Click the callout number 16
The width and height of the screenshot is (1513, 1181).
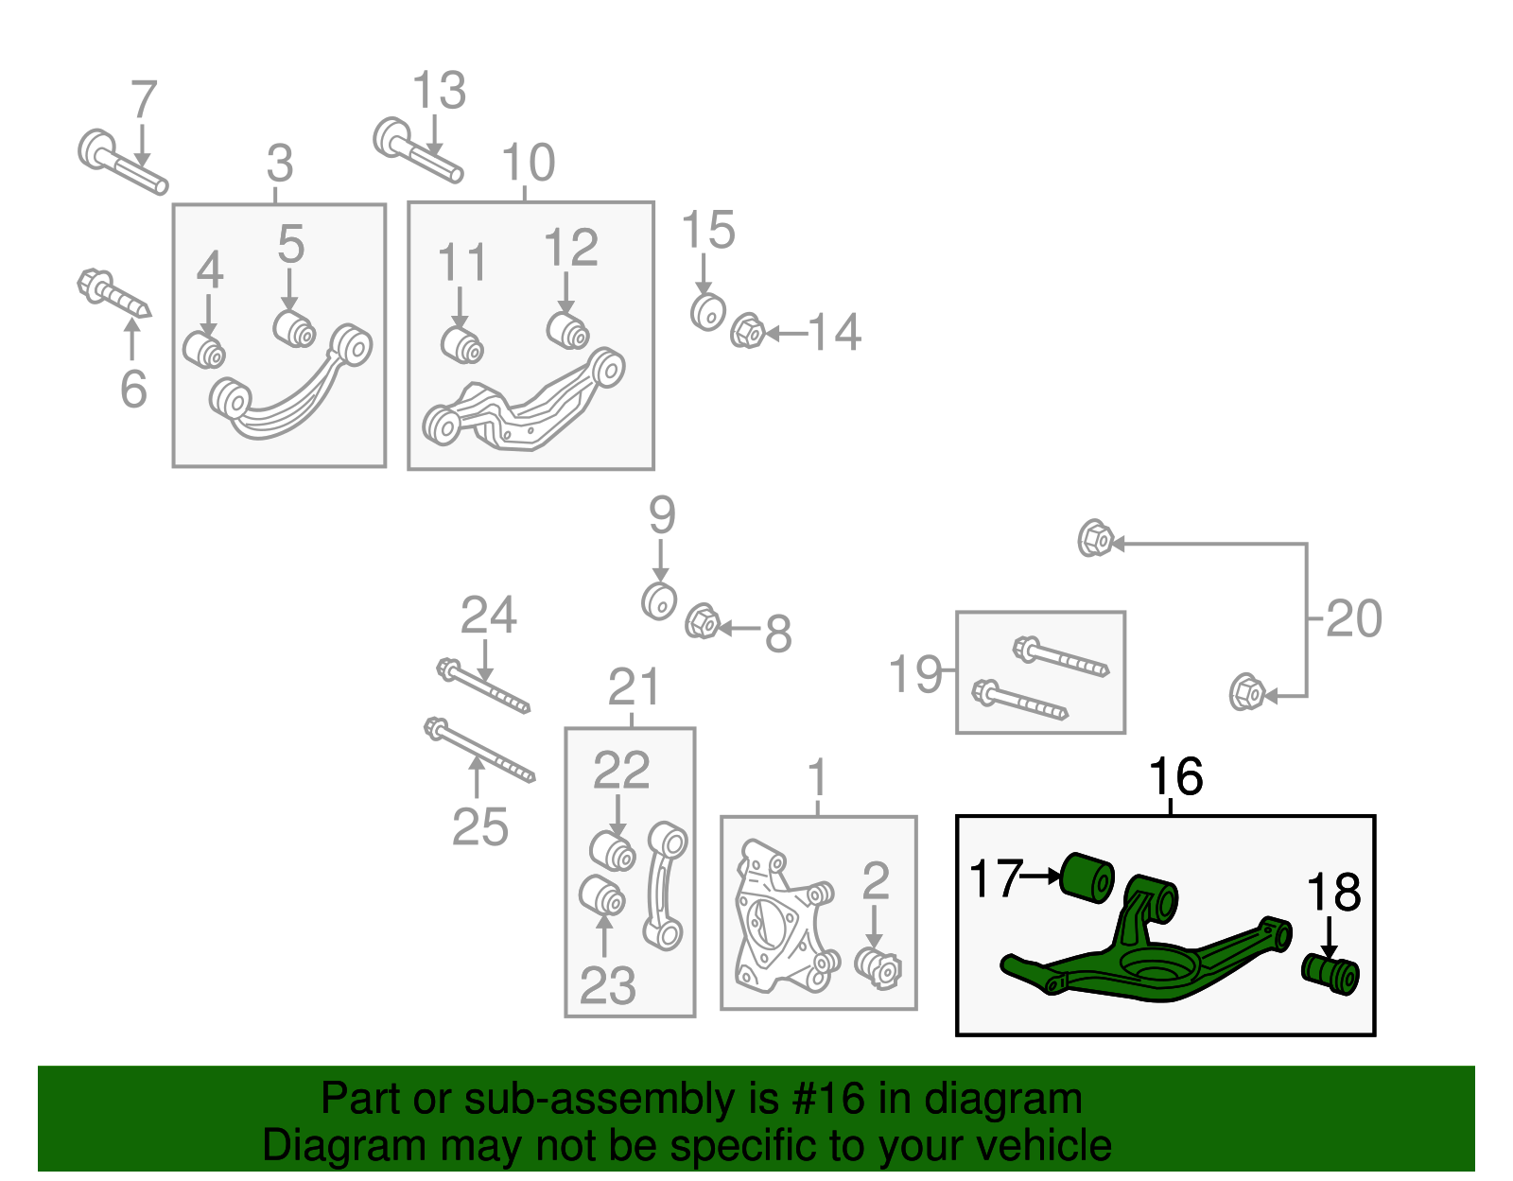[x=1174, y=777]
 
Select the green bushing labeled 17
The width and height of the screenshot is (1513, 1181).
[x=1087, y=877]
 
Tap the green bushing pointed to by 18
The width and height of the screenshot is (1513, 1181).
[x=1331, y=974]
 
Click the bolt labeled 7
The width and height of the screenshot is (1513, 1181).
[x=122, y=163]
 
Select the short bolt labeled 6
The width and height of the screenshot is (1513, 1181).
[x=113, y=294]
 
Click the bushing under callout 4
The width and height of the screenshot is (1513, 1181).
[x=204, y=350]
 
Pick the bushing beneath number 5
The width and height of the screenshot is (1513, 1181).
[x=295, y=328]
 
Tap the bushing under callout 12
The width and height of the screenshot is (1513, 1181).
[x=568, y=330]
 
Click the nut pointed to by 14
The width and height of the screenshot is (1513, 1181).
[x=748, y=331]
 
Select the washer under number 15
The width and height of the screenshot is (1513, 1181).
[x=707, y=312]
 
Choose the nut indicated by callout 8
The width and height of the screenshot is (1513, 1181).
[x=702, y=621]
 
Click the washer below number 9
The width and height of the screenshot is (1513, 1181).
[x=659, y=600]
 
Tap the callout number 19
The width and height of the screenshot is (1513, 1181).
[x=915, y=674]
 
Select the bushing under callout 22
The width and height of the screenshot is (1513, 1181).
[x=613, y=849]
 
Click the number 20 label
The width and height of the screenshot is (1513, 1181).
[x=1353, y=619]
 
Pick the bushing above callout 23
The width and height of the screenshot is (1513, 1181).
[x=602, y=895]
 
